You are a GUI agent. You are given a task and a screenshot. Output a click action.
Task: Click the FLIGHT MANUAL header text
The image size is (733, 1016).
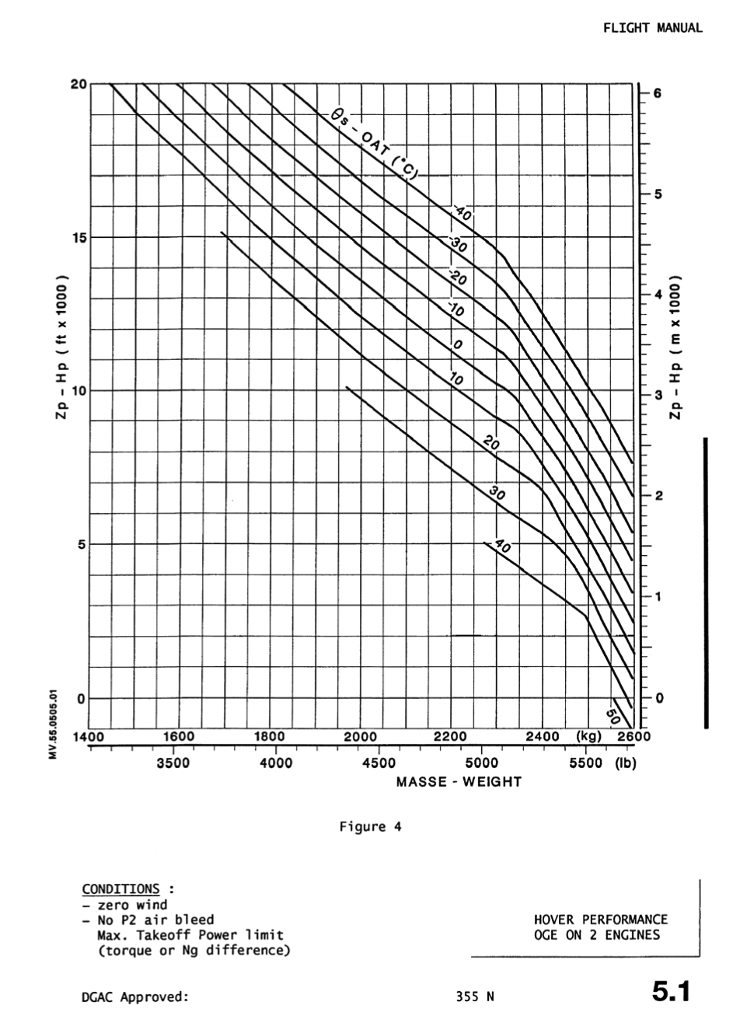click(652, 28)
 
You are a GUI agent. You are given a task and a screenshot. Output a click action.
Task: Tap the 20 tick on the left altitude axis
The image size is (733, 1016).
click(79, 84)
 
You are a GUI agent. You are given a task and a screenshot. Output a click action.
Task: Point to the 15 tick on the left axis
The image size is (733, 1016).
click(79, 237)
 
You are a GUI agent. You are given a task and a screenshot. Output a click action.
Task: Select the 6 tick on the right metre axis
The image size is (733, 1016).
click(657, 93)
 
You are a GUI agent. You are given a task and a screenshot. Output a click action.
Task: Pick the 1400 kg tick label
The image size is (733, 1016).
click(89, 736)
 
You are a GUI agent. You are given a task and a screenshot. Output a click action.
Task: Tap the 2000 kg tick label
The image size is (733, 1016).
click(360, 736)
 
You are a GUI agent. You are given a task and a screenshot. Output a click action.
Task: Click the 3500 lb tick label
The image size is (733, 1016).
click(173, 763)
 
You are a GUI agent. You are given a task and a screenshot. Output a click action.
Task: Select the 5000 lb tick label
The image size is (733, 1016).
click(482, 763)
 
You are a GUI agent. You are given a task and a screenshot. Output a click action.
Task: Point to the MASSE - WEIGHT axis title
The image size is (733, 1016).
click(459, 782)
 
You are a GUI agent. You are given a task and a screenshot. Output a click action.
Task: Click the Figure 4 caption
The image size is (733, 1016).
click(370, 826)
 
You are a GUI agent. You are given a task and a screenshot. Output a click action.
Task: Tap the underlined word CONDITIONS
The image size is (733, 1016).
click(120, 889)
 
